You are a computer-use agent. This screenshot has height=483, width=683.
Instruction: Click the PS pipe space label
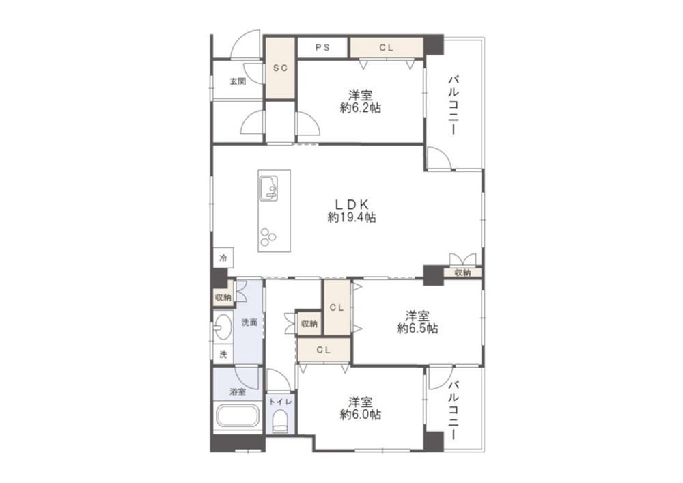coord(322,47)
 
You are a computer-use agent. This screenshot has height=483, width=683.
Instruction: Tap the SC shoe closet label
coord(281,68)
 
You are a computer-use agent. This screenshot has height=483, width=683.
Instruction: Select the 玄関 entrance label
coord(238,81)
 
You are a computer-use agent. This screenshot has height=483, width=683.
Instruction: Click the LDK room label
coord(352,204)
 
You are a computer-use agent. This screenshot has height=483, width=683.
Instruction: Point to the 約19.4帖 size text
coord(352,217)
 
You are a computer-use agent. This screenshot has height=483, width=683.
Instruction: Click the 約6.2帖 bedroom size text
coord(360,107)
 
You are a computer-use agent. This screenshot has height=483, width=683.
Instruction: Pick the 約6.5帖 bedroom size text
coord(417,328)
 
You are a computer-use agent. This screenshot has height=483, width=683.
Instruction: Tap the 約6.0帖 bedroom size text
coord(360,414)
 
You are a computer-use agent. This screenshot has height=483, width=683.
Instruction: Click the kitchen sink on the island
coord(268,188)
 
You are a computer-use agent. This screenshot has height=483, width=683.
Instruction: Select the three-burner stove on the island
coord(268,237)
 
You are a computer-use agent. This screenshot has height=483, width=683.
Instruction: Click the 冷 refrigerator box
coord(223,258)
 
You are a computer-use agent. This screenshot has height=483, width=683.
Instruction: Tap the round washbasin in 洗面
coord(223,326)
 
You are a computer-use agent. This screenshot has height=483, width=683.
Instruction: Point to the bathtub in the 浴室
coord(238,416)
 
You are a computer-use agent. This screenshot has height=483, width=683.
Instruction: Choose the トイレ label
coord(281,402)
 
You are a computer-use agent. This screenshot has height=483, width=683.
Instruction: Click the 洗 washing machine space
coord(223,354)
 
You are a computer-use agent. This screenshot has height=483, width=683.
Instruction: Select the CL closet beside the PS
coord(387,47)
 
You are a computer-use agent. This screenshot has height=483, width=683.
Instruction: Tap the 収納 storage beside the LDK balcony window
coord(462,273)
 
